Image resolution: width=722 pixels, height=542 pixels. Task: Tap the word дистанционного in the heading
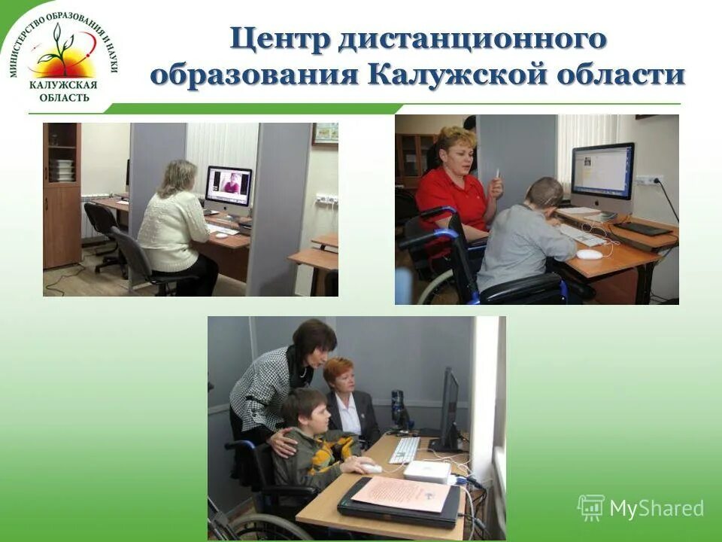pos(472,40)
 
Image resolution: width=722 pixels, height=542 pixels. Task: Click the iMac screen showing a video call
pos(229,185)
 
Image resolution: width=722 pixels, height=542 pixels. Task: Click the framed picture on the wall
pos(325,133)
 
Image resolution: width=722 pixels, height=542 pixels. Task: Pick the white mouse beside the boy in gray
pos(590,254)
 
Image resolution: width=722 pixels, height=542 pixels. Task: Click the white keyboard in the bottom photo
pos(404,450)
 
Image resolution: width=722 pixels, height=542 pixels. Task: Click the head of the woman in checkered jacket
pos(313,339)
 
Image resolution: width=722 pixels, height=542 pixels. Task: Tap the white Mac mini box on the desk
pos(427,471)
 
